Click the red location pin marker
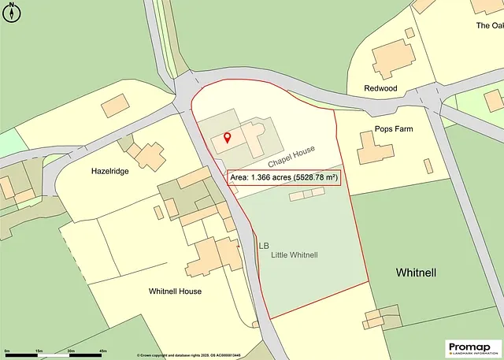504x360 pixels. (228, 139)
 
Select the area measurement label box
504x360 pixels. (284, 178)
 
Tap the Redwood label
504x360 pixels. (380, 89)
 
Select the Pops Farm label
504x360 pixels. (394, 129)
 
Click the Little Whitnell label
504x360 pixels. (294, 255)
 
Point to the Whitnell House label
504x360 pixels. (175, 291)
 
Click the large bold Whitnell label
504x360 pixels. (416, 273)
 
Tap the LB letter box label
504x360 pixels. (264, 246)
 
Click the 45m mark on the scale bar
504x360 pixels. (103, 350)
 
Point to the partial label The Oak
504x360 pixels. (489, 25)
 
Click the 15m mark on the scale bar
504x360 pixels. (38, 350)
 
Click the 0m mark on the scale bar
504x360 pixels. (7, 350)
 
